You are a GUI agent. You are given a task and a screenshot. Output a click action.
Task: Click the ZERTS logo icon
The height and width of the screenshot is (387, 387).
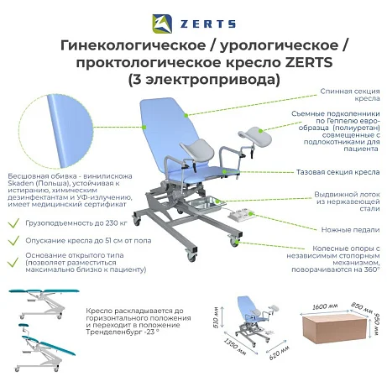[x=162, y=24]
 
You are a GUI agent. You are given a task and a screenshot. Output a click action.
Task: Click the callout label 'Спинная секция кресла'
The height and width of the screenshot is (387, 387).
[x=350, y=95]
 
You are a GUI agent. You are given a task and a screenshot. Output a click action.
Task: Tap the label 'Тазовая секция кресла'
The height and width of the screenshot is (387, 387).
[x=338, y=172]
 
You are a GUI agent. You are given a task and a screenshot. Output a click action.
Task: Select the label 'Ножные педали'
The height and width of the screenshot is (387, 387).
[x=350, y=230]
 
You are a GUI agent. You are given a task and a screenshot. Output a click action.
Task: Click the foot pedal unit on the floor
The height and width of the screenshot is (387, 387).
[x=240, y=214]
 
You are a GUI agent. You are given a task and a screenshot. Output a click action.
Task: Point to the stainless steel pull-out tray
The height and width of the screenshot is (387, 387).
[x=208, y=204]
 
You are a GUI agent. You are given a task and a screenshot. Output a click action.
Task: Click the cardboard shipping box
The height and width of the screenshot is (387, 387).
[x=334, y=327]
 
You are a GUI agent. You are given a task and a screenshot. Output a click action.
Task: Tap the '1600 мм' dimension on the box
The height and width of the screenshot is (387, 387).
[x=325, y=306]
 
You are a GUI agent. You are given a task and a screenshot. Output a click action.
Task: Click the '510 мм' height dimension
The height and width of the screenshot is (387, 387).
[x=216, y=317]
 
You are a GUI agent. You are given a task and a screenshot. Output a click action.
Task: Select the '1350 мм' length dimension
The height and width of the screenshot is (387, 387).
[x=235, y=347]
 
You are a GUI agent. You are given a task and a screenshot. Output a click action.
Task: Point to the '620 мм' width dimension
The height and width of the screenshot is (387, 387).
[x=279, y=353]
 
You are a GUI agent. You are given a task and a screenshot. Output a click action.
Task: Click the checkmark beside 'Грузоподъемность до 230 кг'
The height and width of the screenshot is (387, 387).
[x=13, y=223]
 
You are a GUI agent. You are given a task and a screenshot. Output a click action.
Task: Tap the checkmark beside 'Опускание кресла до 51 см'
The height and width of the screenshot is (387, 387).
[x=13, y=240]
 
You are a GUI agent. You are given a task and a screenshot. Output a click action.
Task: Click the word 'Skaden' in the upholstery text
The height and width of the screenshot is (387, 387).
[x=20, y=183]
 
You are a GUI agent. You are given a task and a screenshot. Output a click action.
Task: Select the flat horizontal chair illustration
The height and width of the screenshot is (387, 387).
[x=44, y=304]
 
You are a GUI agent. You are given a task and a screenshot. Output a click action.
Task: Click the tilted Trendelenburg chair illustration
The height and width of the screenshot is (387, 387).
[x=45, y=348]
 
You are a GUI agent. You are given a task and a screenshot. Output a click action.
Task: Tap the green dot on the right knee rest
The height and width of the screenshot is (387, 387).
[x=260, y=131]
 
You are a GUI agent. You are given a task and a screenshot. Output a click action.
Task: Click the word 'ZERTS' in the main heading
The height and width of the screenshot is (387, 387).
[x=309, y=62]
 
